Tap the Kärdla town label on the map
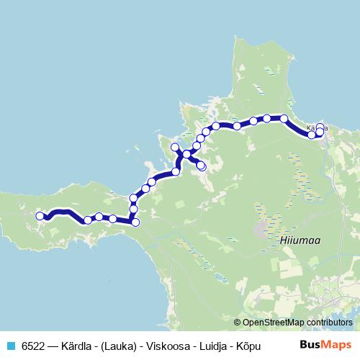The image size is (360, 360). pos(317,128)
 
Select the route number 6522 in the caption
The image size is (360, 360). pos(33,343)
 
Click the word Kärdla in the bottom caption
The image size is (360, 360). pos(83,343)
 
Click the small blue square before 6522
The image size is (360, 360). pos(11,343)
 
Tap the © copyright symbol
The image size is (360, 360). pos(238,323)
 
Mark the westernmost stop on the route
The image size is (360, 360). pos(40,215)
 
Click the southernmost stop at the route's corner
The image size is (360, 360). pos(135,222)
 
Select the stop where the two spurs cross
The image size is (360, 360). pos(186,154)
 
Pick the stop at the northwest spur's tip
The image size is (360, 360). pos(174,147)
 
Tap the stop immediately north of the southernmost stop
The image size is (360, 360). pos(133,209)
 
